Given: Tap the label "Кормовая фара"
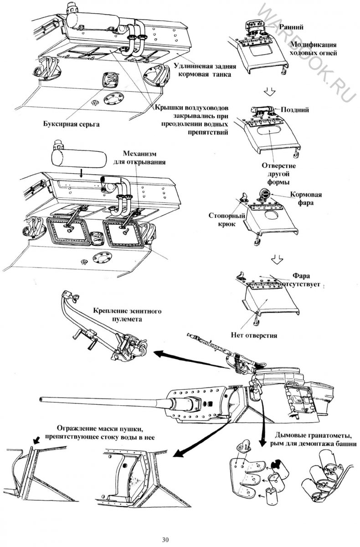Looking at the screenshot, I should click(302, 199).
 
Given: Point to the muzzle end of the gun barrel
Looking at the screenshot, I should click(42, 399).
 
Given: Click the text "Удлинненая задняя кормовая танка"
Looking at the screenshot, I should click(201, 69).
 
